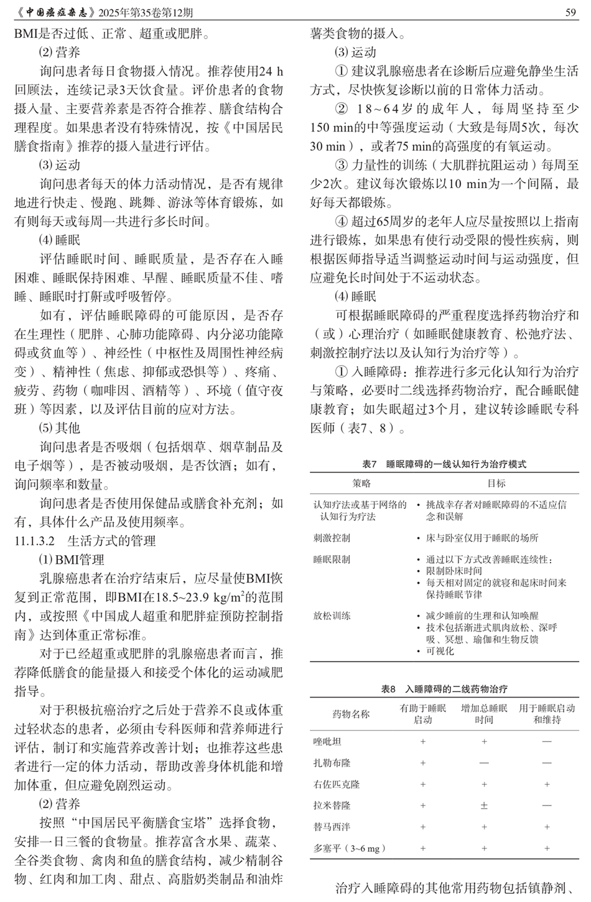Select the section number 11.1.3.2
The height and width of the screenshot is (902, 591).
(35, 540)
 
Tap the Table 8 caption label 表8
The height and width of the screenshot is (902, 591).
(388, 689)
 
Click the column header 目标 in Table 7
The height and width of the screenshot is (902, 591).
(496, 483)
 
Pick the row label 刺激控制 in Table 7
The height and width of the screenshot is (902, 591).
(332, 538)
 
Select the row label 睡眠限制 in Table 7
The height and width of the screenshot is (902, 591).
(332, 559)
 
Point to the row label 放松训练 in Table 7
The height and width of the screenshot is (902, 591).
(332, 616)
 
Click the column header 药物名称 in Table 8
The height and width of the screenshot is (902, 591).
(351, 714)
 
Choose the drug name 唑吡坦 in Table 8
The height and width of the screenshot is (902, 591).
(327, 742)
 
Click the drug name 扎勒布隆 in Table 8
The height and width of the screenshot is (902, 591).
(332, 763)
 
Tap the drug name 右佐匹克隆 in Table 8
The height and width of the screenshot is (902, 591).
(336, 784)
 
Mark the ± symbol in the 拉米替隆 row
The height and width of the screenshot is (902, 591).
(484, 805)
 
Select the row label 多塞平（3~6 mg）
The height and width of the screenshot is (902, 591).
(350, 848)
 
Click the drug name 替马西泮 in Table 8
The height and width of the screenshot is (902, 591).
(332, 827)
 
